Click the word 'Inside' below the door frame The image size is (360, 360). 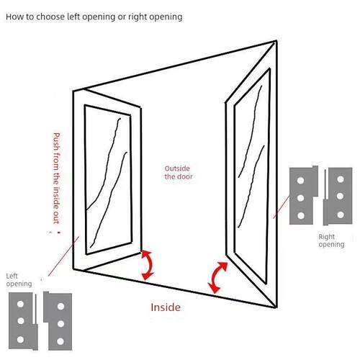click(166, 307)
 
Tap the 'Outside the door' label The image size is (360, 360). click(179, 173)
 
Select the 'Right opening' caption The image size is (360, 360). click(331, 240)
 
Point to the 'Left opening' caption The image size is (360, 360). click(19, 280)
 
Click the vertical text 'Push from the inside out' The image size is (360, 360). click(56, 178)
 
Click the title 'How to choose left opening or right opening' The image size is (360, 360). click(94, 17)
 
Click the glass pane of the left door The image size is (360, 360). click(108, 179)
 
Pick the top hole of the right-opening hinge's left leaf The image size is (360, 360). click(300, 181)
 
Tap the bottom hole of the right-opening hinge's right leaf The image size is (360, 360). click(341, 215)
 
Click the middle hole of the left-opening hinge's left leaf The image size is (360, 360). click(21, 321)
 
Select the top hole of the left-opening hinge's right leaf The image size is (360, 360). click(60, 306)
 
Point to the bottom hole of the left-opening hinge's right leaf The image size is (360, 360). click(60, 341)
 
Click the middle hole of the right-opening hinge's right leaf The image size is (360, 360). click(340, 197)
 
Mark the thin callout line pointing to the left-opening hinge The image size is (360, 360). click(63, 256)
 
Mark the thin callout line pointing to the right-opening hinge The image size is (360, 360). click(282, 207)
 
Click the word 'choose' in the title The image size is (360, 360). click(50, 17)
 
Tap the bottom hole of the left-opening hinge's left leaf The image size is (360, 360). click(20, 339)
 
